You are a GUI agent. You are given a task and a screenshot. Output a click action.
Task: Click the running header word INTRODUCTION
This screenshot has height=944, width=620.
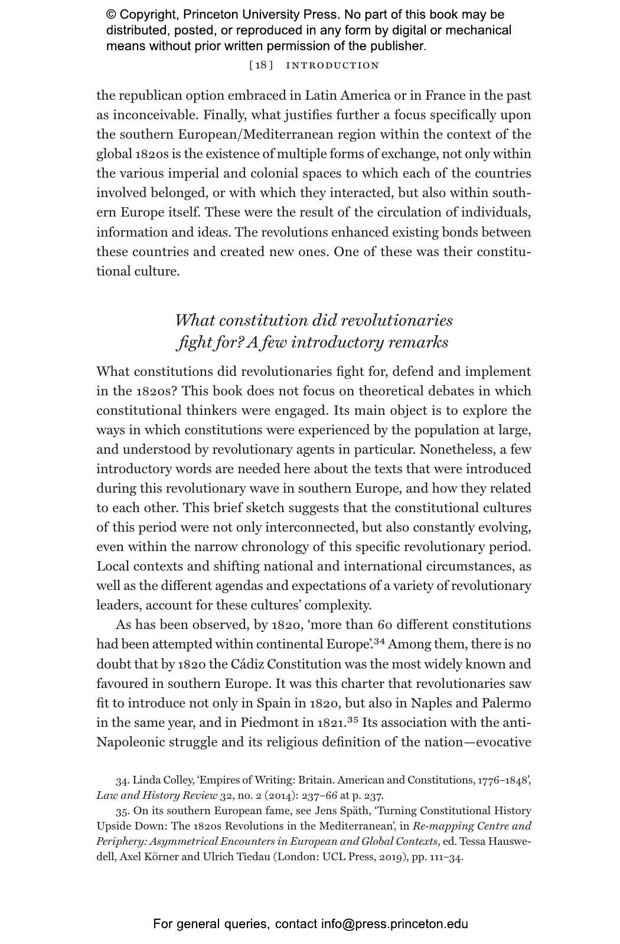(332, 65)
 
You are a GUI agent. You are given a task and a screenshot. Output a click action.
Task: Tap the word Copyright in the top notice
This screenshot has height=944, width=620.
(148, 15)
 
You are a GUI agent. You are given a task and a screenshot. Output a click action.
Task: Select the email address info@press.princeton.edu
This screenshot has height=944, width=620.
(394, 924)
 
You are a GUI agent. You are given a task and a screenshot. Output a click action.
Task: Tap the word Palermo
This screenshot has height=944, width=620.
(506, 703)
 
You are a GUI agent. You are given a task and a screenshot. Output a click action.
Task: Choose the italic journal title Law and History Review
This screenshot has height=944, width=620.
(156, 795)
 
